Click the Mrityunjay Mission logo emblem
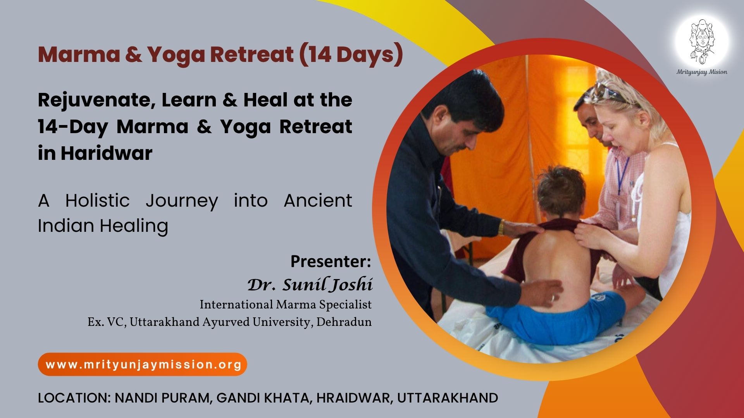(x=702, y=42)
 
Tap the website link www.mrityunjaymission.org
(x=143, y=365)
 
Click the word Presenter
(x=331, y=261)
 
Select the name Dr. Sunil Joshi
(x=310, y=284)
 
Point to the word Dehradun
(x=344, y=322)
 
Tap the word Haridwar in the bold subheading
(x=107, y=153)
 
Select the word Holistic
(x=97, y=200)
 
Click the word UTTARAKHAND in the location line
(x=448, y=398)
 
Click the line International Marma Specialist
(x=286, y=305)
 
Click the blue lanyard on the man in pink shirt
(x=622, y=174)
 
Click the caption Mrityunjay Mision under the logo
(x=702, y=72)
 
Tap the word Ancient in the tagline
(x=318, y=200)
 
